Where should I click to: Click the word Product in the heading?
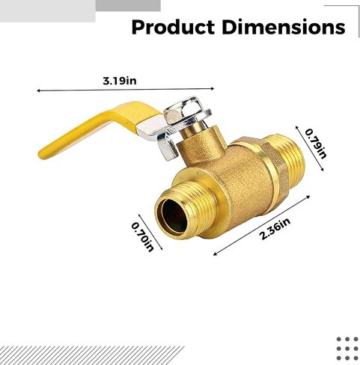tap(173, 27)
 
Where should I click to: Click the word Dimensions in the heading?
tap(284, 27)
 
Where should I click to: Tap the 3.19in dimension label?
tap(120, 81)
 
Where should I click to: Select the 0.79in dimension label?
tap(316, 144)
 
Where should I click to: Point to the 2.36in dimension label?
tap(275, 229)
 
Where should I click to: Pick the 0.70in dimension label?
tap(143, 237)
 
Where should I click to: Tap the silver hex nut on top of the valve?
tap(188, 111)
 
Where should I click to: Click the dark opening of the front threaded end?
tap(174, 215)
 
